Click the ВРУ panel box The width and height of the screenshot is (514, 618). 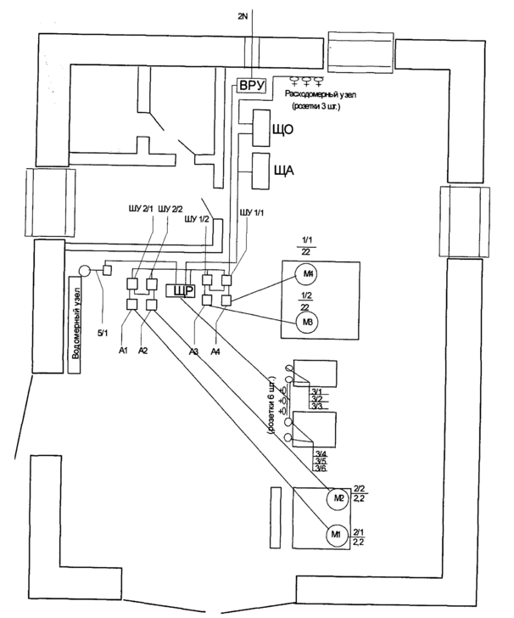pyautogui.click(x=252, y=86)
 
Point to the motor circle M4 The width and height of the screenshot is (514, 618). pyautogui.click(x=304, y=273)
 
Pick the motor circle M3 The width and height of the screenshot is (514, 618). pyautogui.click(x=304, y=323)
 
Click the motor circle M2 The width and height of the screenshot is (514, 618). pyautogui.click(x=337, y=498)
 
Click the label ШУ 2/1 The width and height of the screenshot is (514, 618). pyautogui.click(x=136, y=209)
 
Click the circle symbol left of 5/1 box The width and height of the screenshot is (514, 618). pyautogui.click(x=84, y=272)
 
